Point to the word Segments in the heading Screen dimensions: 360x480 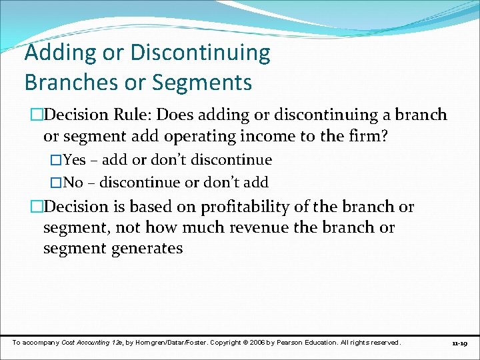click(x=204, y=83)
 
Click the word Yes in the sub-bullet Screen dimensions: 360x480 click(x=74, y=160)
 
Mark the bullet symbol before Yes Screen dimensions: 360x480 click(x=56, y=160)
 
